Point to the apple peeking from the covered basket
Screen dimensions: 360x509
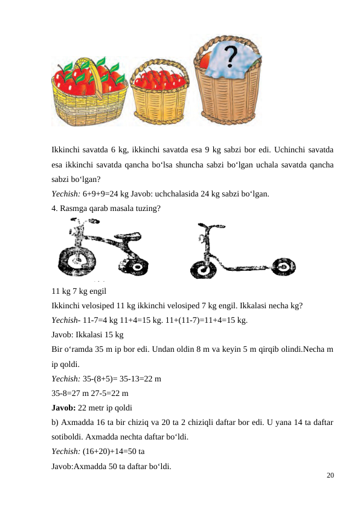203,60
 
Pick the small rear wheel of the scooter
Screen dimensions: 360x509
283,266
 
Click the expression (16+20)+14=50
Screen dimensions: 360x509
112,450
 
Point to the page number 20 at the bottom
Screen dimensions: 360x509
329,476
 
